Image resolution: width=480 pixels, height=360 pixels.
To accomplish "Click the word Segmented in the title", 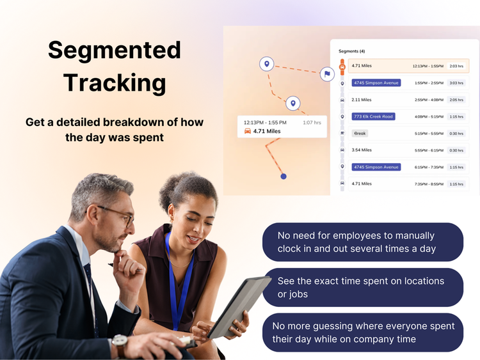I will point(115,50).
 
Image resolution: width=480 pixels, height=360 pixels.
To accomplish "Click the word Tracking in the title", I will point(115,82).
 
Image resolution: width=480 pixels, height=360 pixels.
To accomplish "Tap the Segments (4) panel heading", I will point(352,51).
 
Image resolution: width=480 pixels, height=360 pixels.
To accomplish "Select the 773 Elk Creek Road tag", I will point(374,116).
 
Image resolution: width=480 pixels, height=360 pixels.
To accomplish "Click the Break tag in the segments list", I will point(360,134).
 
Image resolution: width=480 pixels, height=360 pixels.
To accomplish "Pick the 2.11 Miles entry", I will point(362,100).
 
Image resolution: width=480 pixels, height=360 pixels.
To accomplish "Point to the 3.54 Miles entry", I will point(362,150).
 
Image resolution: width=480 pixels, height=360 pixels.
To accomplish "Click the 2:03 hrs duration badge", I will point(456,66).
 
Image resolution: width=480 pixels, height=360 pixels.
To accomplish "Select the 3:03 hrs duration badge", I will point(456,83).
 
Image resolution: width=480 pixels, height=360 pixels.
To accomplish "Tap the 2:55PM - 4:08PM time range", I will point(428,100).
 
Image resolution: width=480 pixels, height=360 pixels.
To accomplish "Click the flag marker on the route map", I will point(327,74).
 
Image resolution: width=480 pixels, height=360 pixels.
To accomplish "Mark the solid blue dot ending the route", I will point(284,176).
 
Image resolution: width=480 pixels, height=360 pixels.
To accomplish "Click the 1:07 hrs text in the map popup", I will point(312,122).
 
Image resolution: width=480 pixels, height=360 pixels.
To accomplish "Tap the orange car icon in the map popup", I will point(247,132).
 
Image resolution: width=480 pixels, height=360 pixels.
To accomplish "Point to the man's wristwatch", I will point(120,346).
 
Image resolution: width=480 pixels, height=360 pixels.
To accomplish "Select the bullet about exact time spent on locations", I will point(362,287).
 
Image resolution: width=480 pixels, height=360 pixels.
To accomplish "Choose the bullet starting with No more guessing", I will point(362,332).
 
